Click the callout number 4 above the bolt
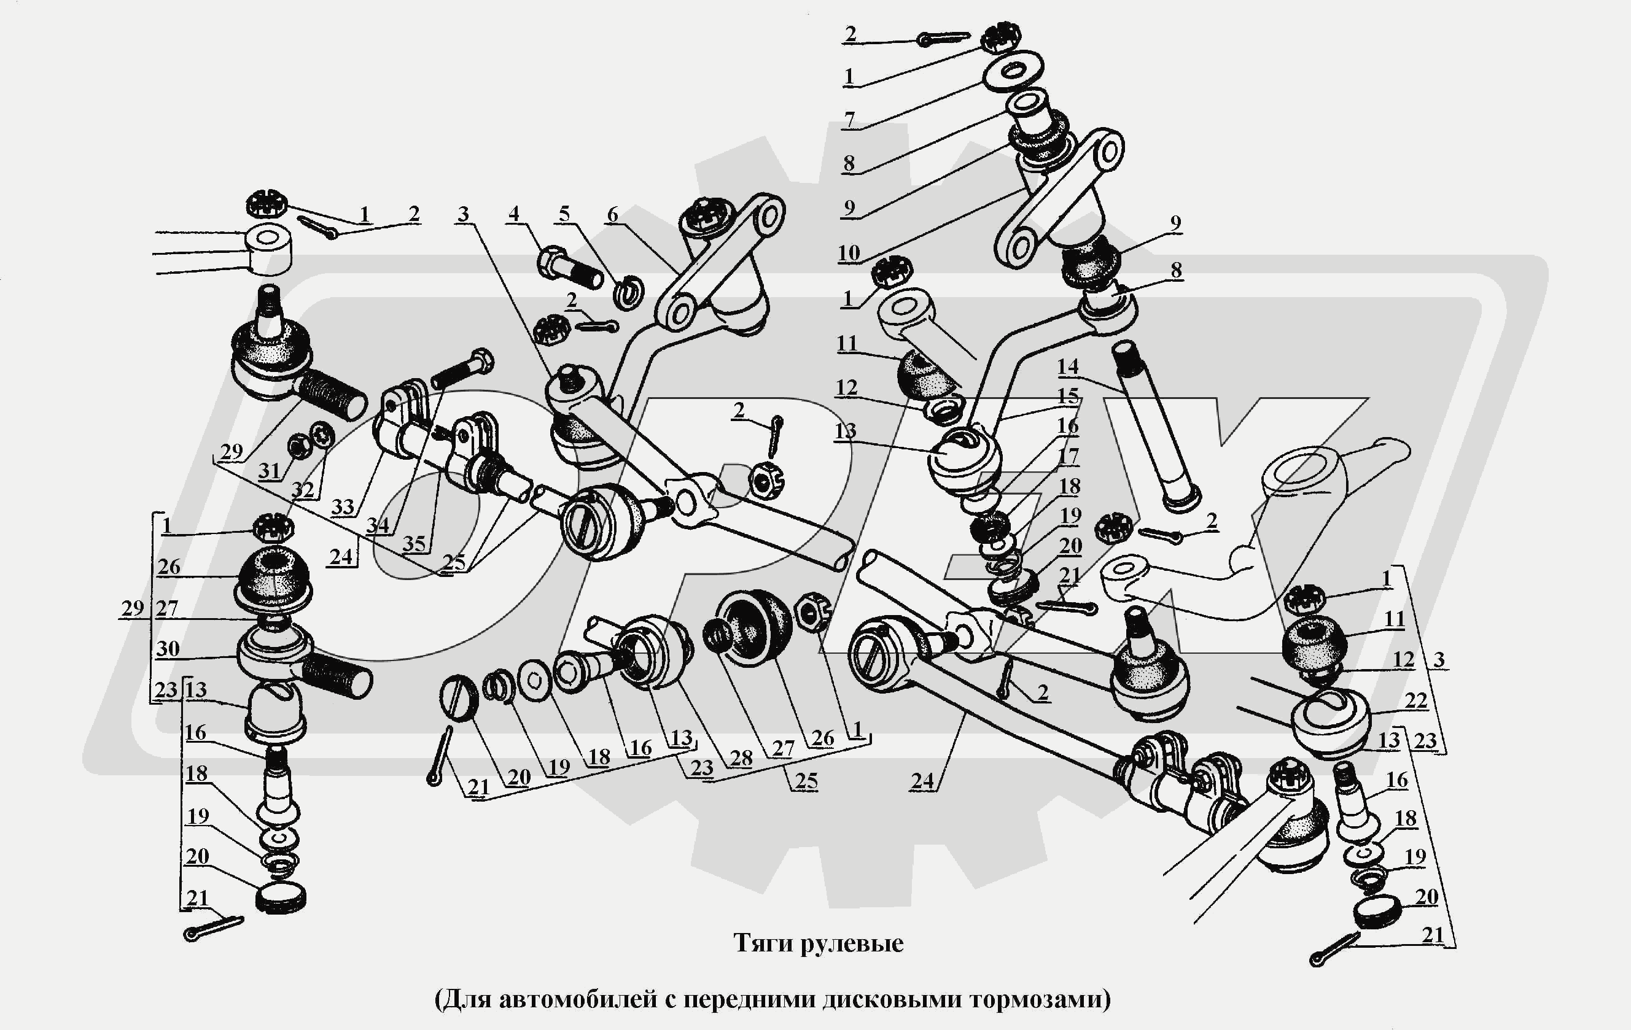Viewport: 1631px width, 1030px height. tap(514, 214)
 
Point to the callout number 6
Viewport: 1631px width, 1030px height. tap(612, 215)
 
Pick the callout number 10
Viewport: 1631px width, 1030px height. tap(849, 254)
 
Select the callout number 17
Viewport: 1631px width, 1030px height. tap(1068, 455)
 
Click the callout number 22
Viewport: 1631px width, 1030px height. tap(1415, 700)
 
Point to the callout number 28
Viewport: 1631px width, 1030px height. tap(741, 758)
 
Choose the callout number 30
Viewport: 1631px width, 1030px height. tap(168, 648)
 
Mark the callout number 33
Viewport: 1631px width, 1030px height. tap(343, 506)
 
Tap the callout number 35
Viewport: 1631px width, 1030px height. tap(414, 543)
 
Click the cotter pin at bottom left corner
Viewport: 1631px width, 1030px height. tap(212, 927)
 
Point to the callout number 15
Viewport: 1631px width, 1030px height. tap(1068, 396)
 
